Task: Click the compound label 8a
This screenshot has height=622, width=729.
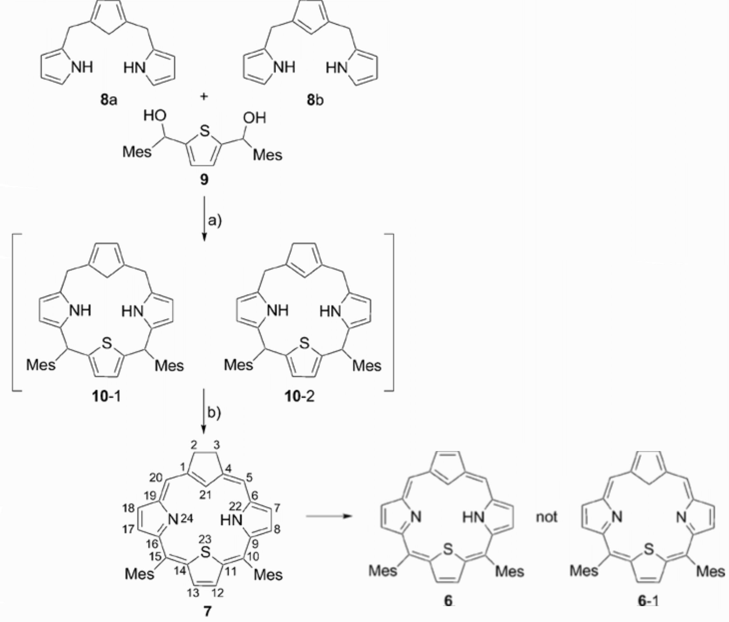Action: click(109, 100)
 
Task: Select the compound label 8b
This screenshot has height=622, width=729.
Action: click(315, 100)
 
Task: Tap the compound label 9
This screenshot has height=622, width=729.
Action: click(204, 180)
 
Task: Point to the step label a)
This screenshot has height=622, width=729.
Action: click(215, 221)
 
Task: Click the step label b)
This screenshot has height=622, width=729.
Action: click(214, 413)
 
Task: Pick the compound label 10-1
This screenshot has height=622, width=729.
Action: click(106, 397)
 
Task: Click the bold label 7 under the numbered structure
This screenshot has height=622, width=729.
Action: click(207, 611)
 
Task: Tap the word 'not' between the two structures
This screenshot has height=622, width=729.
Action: click(546, 517)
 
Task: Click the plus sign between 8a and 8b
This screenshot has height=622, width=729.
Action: click(204, 96)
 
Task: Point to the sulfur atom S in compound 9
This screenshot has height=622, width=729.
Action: click(204, 132)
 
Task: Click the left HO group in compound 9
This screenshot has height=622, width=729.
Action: click(155, 116)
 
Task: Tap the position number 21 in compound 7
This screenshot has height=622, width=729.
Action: click(205, 495)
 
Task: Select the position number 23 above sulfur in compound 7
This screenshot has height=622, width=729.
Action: click(205, 539)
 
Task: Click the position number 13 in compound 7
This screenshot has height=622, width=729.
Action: click(193, 593)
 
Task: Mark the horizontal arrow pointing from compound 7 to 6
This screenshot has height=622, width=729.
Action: click(329, 516)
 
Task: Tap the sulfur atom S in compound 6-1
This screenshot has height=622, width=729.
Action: click(648, 549)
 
